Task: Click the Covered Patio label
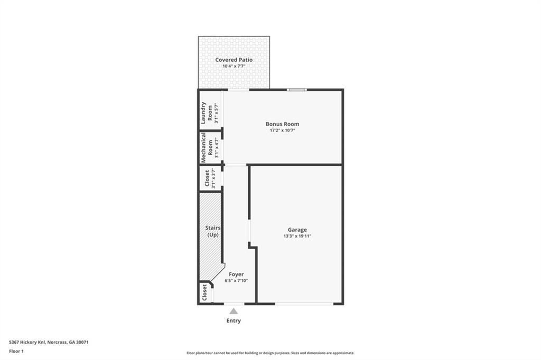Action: coord(234,60)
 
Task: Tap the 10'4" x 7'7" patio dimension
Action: coord(234,66)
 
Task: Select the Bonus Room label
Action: coord(282,124)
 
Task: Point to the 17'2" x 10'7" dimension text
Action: coord(282,130)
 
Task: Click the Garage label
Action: coord(297,230)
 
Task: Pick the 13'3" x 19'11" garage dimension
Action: coord(297,236)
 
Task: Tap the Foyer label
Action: coord(236,274)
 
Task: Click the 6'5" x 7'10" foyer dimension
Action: coord(236,281)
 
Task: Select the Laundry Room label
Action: coord(207,113)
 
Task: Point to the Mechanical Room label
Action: coord(207,148)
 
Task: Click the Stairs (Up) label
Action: coord(213,231)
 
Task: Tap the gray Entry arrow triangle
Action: coord(234,311)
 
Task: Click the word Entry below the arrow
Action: coord(234,321)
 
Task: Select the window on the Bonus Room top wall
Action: coord(297,90)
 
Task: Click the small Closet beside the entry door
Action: coord(204,292)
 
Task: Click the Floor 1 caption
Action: coord(16,352)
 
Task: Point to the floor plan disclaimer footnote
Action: coord(270,353)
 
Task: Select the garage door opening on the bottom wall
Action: coord(304,304)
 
